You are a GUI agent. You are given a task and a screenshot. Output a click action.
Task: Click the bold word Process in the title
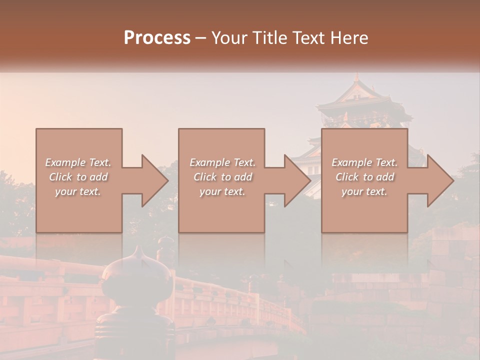click(157, 38)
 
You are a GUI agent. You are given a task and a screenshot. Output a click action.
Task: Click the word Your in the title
click(227, 38)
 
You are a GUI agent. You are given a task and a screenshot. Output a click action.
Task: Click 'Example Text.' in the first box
click(78, 162)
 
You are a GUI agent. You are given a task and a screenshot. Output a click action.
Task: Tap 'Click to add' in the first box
click(78, 177)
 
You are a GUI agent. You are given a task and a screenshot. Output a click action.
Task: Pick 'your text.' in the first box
click(78, 191)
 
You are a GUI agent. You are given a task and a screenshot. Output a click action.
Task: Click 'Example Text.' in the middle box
click(222, 162)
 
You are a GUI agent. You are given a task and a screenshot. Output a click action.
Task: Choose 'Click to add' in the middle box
click(222, 177)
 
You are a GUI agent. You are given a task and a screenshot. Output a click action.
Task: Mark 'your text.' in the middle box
click(222, 191)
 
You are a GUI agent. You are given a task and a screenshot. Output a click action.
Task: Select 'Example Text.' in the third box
click(364, 162)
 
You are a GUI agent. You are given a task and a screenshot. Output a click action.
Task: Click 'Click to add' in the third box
click(364, 177)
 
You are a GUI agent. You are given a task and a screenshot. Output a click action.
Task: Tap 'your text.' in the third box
click(364, 191)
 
